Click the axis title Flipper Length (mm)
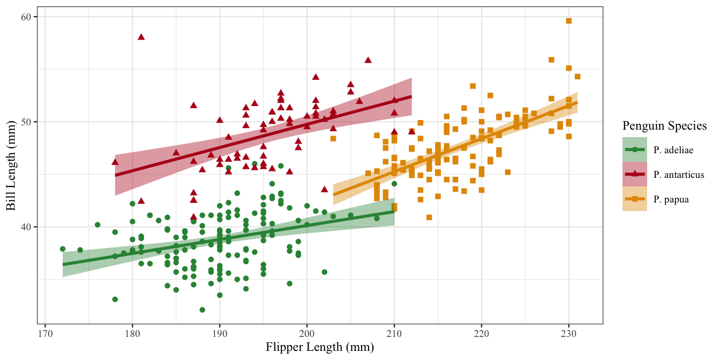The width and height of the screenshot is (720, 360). (x=320, y=347)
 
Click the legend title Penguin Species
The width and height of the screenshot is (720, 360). (x=664, y=126)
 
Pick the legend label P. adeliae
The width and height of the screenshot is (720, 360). (x=673, y=149)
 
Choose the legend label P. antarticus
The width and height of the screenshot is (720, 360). (x=679, y=174)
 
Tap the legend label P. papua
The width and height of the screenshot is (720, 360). (x=671, y=199)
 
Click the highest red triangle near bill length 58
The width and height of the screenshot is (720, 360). (x=141, y=37)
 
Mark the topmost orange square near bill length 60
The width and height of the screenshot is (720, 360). (x=569, y=21)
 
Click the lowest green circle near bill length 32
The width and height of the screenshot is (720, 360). (x=202, y=310)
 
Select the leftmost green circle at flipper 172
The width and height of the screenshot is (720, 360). (x=63, y=249)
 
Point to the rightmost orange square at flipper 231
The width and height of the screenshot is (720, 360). (x=577, y=77)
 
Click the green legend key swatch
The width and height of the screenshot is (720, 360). (x=635, y=149)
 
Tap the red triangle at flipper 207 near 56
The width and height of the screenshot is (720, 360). (x=368, y=60)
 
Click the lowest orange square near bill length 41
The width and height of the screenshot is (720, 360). (x=429, y=217)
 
